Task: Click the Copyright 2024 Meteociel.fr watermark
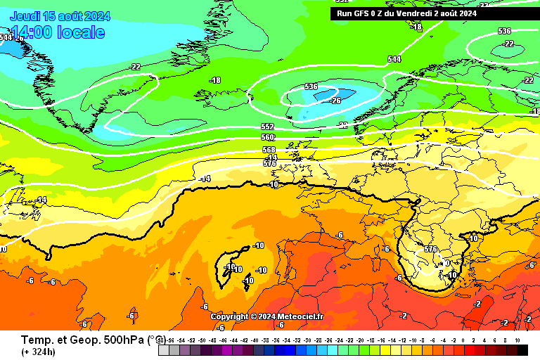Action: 266,317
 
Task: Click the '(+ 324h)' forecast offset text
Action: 39,352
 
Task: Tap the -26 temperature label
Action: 336,101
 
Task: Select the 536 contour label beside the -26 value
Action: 311,86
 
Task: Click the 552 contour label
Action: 267,127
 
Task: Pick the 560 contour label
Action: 267,138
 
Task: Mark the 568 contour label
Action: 269,150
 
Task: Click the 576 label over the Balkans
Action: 431,250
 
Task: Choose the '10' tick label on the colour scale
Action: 517,340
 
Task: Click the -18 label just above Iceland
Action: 215,81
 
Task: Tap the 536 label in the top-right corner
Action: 504,31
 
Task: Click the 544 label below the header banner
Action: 394,59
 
